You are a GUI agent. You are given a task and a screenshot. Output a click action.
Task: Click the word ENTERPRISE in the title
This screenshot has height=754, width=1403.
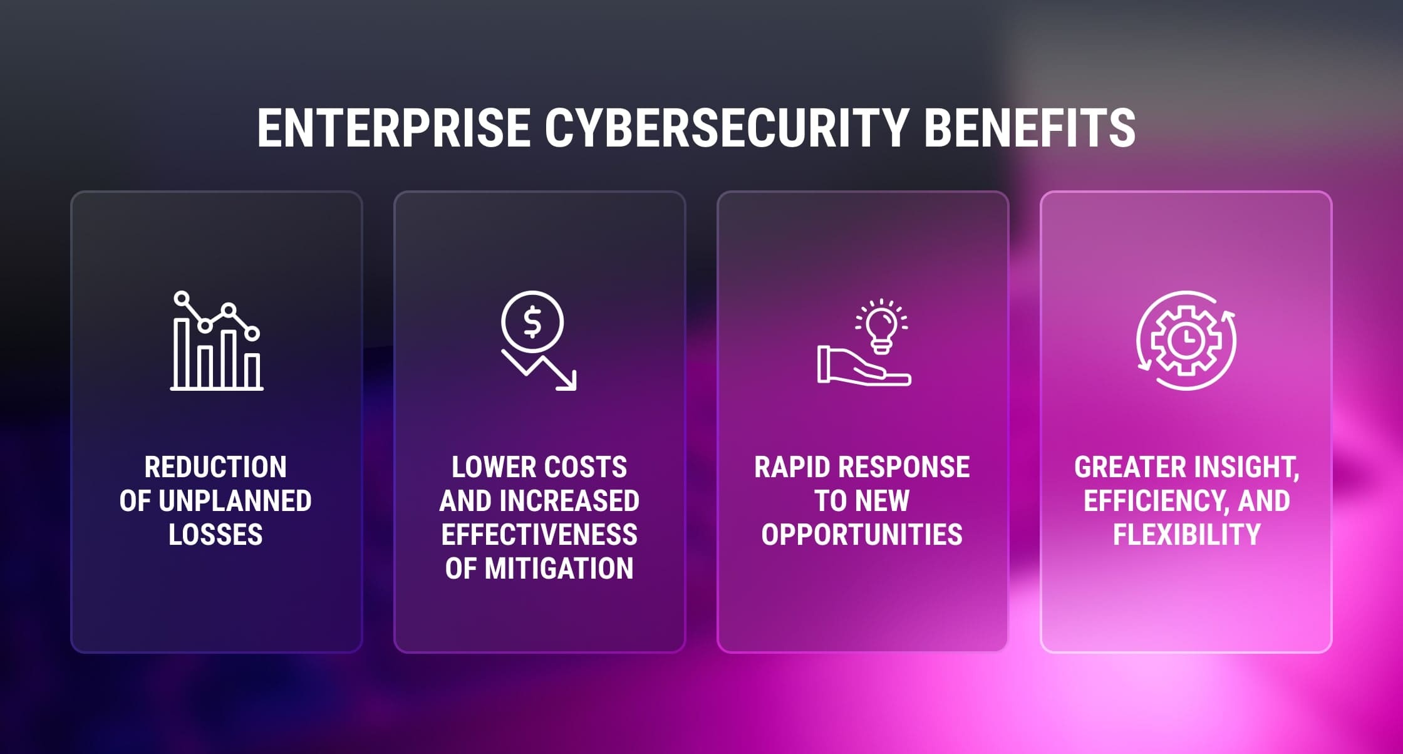tap(394, 128)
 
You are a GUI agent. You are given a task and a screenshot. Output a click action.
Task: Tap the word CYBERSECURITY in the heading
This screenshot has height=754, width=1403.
tap(727, 128)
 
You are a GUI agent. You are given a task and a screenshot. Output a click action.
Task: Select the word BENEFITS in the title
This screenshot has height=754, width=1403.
tap(1030, 128)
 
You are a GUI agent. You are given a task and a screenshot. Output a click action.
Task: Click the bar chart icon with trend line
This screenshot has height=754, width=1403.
tap(217, 341)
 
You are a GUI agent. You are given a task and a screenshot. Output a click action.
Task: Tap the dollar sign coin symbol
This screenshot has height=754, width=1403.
tap(532, 323)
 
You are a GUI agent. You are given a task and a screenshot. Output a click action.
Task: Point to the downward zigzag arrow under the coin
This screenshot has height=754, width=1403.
tap(539, 371)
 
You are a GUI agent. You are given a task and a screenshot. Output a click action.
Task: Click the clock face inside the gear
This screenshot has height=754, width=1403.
tap(1186, 340)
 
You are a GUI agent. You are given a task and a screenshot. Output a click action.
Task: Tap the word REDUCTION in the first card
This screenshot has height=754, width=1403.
tap(215, 467)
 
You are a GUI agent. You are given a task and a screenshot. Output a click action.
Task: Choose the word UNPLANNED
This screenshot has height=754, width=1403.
tap(235, 501)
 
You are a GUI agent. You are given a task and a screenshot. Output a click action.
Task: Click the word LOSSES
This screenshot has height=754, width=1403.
tap(215, 535)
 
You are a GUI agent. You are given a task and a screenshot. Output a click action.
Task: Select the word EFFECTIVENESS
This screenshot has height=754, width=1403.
tap(539, 535)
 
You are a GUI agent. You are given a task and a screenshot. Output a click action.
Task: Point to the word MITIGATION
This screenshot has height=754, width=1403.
tap(559, 569)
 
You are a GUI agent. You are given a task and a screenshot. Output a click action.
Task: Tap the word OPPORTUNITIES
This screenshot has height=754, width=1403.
tap(862, 535)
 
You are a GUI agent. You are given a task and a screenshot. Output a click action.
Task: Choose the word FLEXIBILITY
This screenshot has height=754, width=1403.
tap(1187, 535)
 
